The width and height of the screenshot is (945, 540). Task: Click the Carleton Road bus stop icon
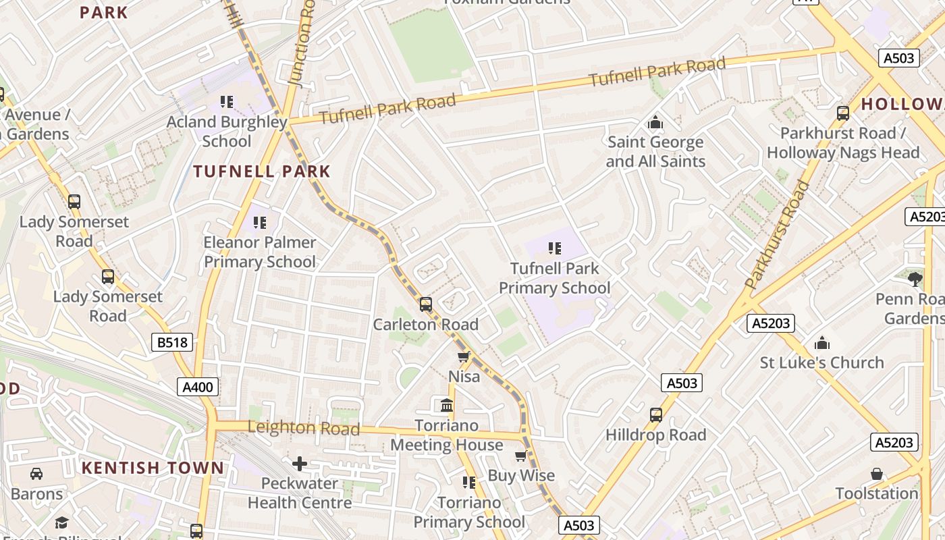[425, 304]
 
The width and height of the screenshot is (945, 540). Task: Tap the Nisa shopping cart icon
[463, 356]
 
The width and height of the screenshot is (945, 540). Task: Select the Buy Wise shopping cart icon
[520, 456]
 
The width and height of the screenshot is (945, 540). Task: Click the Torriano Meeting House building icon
[446, 406]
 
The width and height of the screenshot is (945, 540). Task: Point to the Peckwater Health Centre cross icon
[300, 464]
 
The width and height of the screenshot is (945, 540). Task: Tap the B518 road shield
[172, 343]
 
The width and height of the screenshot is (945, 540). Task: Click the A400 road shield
[198, 387]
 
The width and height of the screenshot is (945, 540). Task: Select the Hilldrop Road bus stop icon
[655, 415]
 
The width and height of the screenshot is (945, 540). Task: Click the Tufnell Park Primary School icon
[555, 248]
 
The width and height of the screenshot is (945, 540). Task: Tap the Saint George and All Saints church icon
[655, 123]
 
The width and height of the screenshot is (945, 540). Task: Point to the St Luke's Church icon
[821, 343]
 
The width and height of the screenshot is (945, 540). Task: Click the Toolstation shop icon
[876, 474]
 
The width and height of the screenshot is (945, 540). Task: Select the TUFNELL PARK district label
[262, 171]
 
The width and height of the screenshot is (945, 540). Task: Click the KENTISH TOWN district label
[153, 468]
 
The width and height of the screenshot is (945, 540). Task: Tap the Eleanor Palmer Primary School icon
[260, 222]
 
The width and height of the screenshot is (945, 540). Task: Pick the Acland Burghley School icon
[227, 102]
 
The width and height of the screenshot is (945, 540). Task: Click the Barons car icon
[36, 474]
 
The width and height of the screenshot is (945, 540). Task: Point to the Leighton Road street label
[303, 427]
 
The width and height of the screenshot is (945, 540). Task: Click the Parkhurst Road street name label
[778, 235]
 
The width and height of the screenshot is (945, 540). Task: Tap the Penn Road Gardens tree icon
[915, 278]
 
